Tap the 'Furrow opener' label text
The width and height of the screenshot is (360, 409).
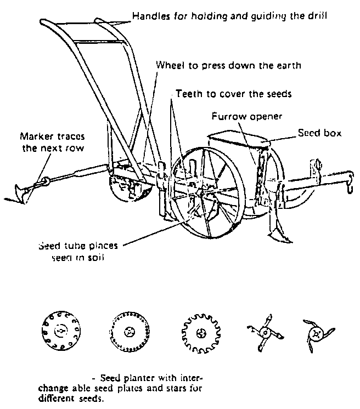click(x=240, y=117)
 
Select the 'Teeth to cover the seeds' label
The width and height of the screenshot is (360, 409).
click(x=233, y=94)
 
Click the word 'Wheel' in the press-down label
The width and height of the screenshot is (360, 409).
click(x=168, y=65)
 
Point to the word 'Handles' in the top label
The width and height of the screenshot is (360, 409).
click(x=148, y=16)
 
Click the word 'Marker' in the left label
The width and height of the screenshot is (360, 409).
click(x=35, y=137)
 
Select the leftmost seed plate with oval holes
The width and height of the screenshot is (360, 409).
click(x=61, y=332)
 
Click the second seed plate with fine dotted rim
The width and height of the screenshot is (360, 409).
click(x=129, y=332)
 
